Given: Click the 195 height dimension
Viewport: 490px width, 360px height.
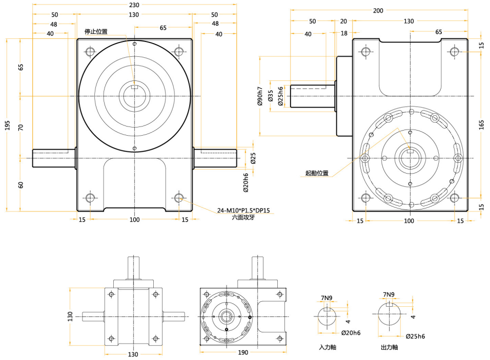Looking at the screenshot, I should (7, 125).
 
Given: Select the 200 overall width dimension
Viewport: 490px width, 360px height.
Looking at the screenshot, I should (378, 10).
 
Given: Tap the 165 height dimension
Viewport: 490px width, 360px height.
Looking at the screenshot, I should (481, 125).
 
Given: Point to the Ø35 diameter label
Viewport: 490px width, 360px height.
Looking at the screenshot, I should (271, 96).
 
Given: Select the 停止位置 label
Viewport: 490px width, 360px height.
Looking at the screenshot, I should (96, 32).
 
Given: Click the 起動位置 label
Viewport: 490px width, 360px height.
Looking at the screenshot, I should (316, 173).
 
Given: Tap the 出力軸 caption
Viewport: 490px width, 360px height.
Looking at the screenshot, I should (390, 347).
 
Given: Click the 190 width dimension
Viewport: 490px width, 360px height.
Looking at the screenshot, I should (243, 353).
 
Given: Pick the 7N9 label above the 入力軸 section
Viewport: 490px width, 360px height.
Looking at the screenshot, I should (326, 298).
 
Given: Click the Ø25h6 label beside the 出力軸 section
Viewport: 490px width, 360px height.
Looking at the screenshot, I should (415, 336).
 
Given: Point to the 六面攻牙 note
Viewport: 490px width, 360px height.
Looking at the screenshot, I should (243, 218).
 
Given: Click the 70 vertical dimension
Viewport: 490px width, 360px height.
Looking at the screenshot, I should (21, 128).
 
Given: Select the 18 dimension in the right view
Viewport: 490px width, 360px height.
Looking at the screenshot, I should (343, 33).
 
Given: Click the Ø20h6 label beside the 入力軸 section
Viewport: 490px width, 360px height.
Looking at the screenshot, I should (351, 333).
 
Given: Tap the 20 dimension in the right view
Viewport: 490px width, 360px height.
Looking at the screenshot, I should (343, 22).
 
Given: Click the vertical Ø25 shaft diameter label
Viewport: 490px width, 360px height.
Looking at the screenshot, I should (253, 159).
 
